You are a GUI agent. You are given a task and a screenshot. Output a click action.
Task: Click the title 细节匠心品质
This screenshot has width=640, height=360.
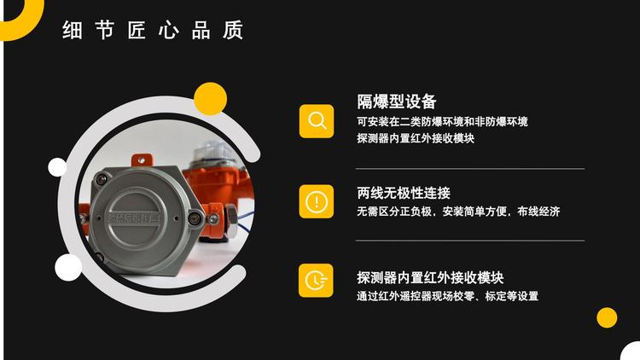coord(153,30)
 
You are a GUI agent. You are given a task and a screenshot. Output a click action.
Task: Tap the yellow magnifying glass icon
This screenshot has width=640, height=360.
coord(317,121)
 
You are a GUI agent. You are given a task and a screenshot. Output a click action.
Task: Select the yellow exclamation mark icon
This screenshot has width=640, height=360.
coord(317,201)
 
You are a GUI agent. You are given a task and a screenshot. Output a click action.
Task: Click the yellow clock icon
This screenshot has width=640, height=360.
coord(316,281)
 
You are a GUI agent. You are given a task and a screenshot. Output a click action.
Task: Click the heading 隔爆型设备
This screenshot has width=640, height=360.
coord(397,102)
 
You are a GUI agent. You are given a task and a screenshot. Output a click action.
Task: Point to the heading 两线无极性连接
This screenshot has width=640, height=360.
coord(404,193)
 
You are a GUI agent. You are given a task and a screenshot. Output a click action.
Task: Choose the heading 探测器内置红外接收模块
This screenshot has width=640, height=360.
coord(430,277)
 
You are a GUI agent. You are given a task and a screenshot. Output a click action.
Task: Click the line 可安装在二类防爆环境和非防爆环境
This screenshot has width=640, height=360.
coord(442,122)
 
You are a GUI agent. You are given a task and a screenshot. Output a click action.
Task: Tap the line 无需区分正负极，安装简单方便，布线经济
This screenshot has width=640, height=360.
coord(458,212)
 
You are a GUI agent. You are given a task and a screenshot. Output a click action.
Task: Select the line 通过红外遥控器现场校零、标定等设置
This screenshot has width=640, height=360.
coord(447,296)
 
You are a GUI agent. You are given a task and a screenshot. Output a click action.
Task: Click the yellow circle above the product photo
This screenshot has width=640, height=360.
coord(210,99)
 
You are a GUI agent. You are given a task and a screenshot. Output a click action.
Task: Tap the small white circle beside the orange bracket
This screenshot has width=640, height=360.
coord(57,167)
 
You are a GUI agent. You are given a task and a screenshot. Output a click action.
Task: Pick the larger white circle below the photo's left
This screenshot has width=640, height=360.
coord(68,267)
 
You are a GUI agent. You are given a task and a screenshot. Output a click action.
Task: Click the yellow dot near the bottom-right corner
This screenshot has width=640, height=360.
coord(607,317)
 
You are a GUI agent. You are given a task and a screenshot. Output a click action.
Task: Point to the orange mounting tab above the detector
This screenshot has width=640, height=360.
coord(141,160)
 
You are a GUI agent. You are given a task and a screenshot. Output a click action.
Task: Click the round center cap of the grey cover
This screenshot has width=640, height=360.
coord(133,218)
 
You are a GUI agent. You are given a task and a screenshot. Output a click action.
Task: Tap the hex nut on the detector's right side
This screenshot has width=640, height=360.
coord(231,220)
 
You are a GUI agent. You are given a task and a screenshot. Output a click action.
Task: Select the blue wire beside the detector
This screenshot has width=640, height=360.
coord(246,218)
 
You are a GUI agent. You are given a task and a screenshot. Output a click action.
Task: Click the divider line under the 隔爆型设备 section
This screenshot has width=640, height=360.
coord(470,168)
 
